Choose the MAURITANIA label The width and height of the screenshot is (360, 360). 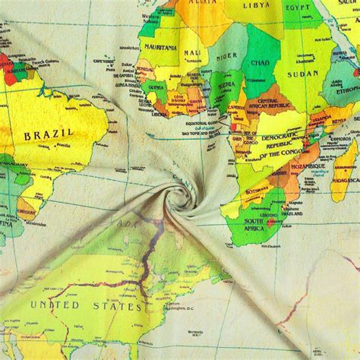(159, 47)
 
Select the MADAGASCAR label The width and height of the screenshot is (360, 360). (346, 177)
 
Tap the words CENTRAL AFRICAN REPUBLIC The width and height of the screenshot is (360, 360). (271, 105)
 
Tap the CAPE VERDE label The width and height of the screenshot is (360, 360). (104, 62)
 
